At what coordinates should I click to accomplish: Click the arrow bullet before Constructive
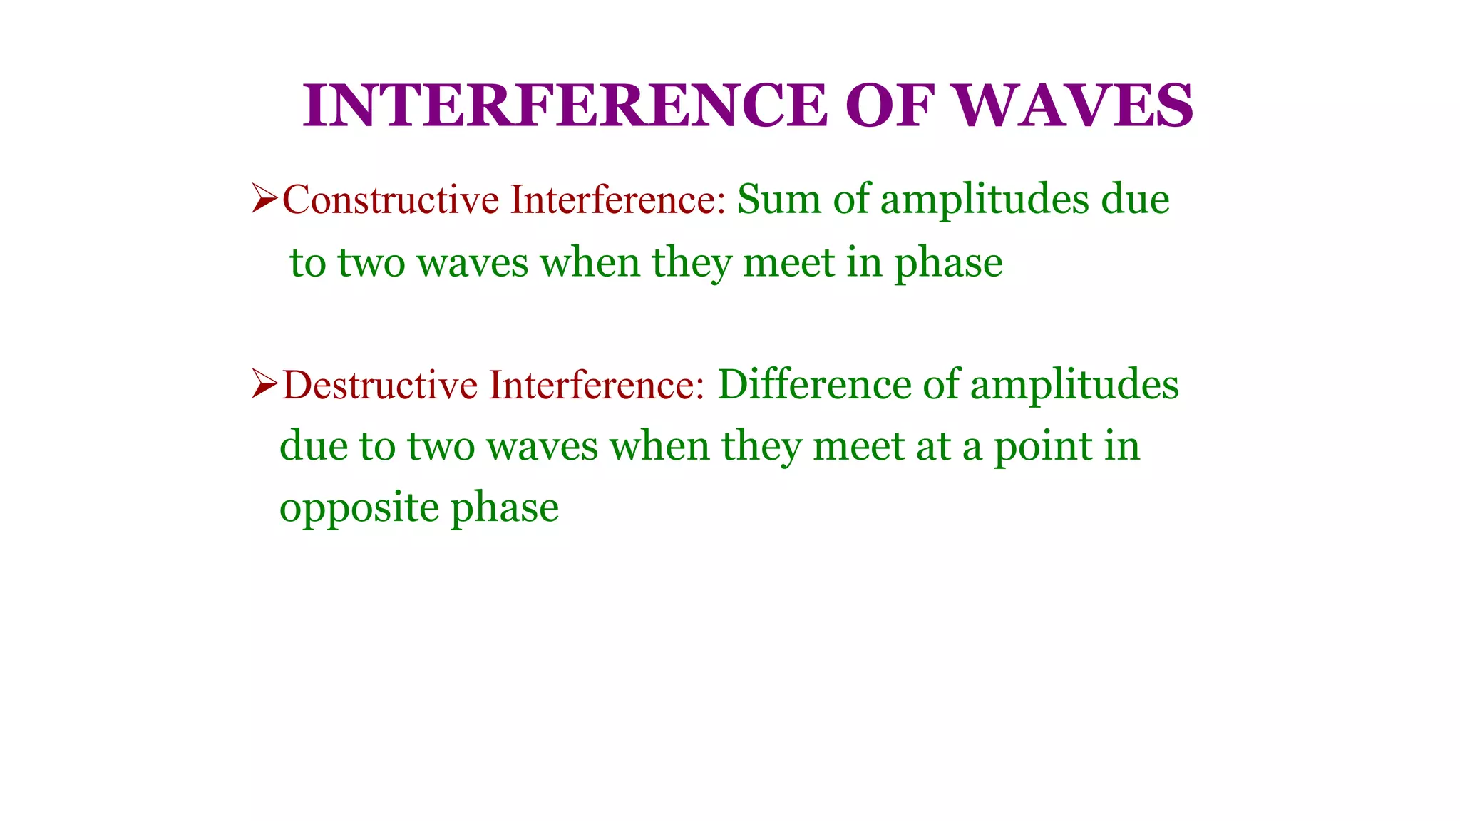[264, 200]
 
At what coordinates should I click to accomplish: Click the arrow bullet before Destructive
[264, 385]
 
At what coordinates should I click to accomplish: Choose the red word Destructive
[380, 385]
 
